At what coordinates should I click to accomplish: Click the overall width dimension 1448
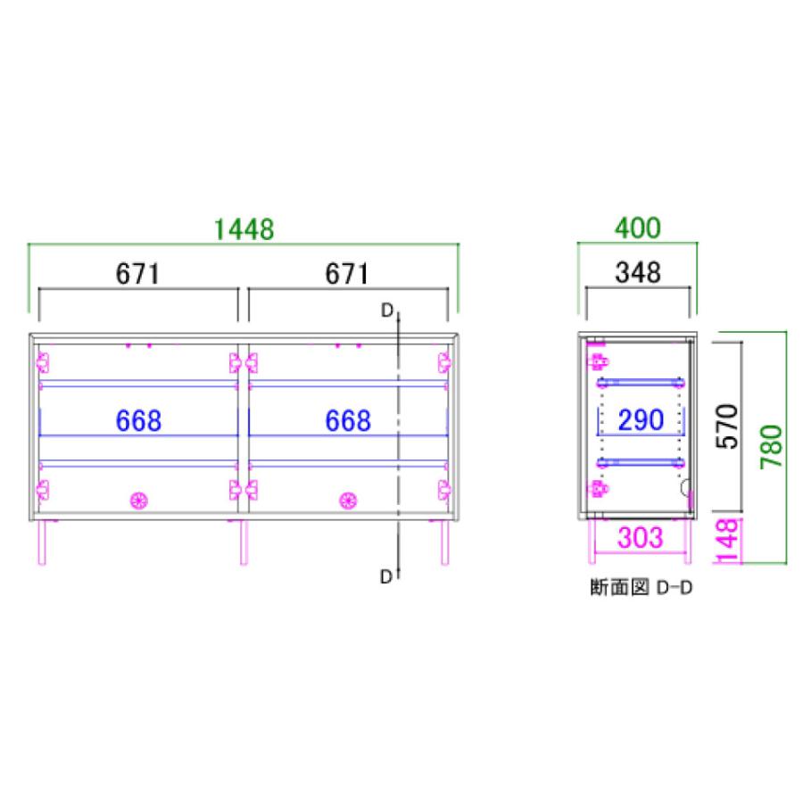(x=243, y=230)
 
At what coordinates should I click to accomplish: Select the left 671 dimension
(x=137, y=274)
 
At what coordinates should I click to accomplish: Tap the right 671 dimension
(x=346, y=274)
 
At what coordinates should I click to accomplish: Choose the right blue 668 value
(x=346, y=420)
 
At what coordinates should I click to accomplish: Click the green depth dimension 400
(x=637, y=228)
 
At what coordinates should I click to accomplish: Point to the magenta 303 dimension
(x=640, y=538)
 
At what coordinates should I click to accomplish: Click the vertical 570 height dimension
(x=730, y=427)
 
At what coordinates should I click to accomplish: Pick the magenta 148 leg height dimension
(x=729, y=541)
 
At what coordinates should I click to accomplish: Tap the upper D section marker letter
(x=386, y=310)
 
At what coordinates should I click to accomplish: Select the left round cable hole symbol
(x=138, y=501)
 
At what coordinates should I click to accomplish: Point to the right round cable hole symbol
(x=347, y=501)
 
